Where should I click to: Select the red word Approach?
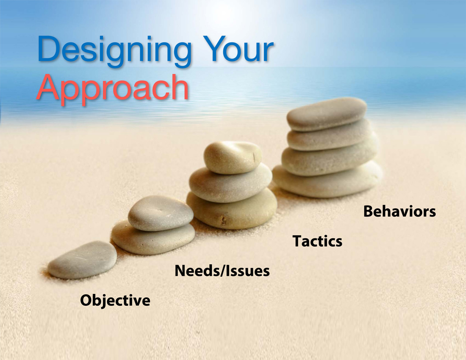click(113, 87)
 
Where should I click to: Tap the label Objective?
click(115, 300)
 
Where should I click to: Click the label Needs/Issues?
click(222, 271)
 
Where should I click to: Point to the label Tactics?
click(317, 241)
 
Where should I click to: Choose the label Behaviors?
click(399, 211)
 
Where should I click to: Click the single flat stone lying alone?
click(82, 260)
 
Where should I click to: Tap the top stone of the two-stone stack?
click(160, 213)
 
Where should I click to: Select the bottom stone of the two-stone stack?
click(153, 240)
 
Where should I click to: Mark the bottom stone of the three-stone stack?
click(231, 210)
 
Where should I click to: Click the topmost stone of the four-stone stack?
click(327, 114)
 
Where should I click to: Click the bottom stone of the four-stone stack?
click(327, 181)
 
